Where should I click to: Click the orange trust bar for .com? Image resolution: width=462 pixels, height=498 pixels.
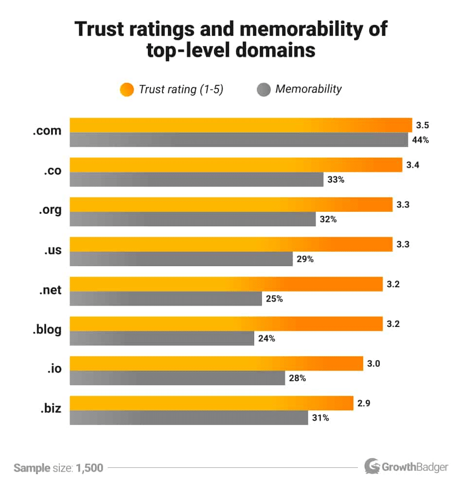[241, 125]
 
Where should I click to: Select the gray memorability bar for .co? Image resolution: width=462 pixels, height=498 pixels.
[196, 179]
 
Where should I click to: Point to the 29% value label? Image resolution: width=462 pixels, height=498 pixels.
[305, 259]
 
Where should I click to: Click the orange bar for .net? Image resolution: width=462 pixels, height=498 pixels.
[226, 284]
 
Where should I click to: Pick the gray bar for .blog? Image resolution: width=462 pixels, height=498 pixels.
[161, 339]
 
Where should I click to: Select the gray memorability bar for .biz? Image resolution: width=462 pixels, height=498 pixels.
[189, 418]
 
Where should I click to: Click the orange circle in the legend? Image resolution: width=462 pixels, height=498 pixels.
[126, 90]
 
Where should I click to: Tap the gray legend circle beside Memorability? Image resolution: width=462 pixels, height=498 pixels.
[263, 90]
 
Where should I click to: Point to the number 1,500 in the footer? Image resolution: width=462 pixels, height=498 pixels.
[89, 468]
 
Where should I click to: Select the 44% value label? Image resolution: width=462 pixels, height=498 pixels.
[421, 140]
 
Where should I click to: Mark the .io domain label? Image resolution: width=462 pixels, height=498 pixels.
[54, 369]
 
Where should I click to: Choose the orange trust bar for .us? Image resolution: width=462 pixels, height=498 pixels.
[231, 244]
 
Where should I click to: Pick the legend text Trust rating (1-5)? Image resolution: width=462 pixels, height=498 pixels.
[181, 90]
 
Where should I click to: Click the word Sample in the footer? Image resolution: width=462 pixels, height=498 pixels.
[32, 468]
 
